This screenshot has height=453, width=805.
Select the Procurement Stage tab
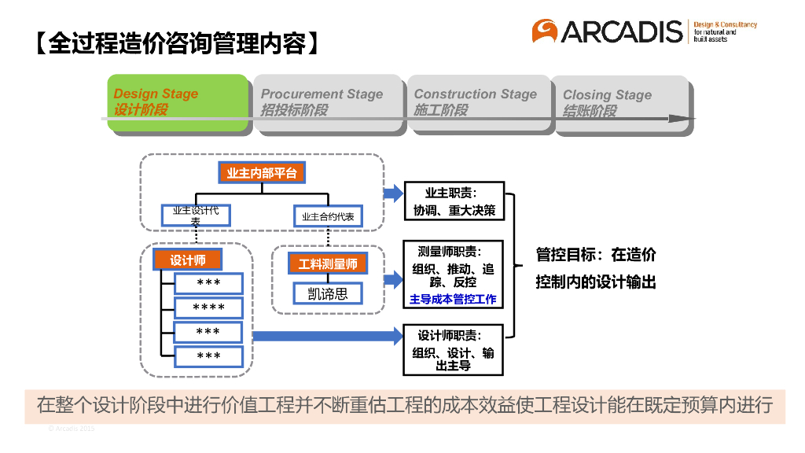click(326, 102)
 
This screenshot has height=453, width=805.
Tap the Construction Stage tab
click(479, 102)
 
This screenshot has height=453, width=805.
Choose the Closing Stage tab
click(620, 103)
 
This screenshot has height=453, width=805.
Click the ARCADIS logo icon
click(544, 31)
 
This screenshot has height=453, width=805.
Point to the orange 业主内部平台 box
click(261, 173)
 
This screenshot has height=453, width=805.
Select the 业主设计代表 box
click(196, 215)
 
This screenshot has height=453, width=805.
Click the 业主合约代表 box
click(328, 216)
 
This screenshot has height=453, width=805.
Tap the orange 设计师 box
click(187, 260)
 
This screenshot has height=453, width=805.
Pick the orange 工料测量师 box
click(328, 263)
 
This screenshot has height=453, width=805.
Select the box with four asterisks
click(208, 308)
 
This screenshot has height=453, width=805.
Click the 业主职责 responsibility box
click(454, 201)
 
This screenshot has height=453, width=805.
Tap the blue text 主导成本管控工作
click(454, 300)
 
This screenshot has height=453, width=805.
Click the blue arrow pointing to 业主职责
click(392, 194)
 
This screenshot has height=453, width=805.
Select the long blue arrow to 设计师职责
click(327, 337)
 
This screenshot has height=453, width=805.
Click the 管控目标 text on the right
click(595, 268)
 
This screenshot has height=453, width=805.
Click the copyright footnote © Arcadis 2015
click(72, 429)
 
